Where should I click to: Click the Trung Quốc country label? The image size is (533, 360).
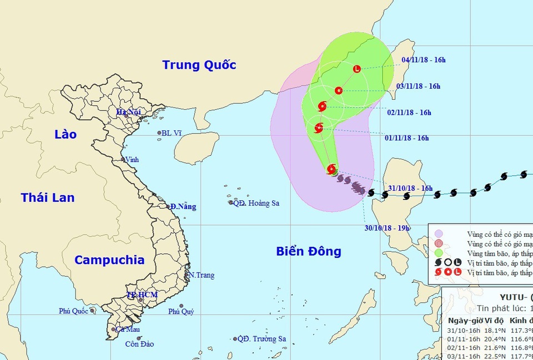(x=199, y=65)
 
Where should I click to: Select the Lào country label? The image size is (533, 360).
(x=66, y=134)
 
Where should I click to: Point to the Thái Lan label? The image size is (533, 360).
(x=48, y=197)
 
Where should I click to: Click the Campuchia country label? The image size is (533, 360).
(x=109, y=260)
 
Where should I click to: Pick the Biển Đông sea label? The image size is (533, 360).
(x=309, y=251)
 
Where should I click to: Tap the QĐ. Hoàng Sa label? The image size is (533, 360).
(x=256, y=203)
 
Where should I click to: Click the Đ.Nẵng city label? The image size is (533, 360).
(x=184, y=206)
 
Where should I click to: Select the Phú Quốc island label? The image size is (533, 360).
(x=74, y=311)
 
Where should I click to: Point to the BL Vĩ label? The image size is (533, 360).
(x=172, y=133)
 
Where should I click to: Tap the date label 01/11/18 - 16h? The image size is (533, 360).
(x=407, y=138)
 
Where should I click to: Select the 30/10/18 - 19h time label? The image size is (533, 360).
(x=386, y=228)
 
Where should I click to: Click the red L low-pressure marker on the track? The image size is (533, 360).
(x=356, y=69)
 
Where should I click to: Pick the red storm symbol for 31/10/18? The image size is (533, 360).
(x=331, y=169)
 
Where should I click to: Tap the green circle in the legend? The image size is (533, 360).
(x=439, y=252)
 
